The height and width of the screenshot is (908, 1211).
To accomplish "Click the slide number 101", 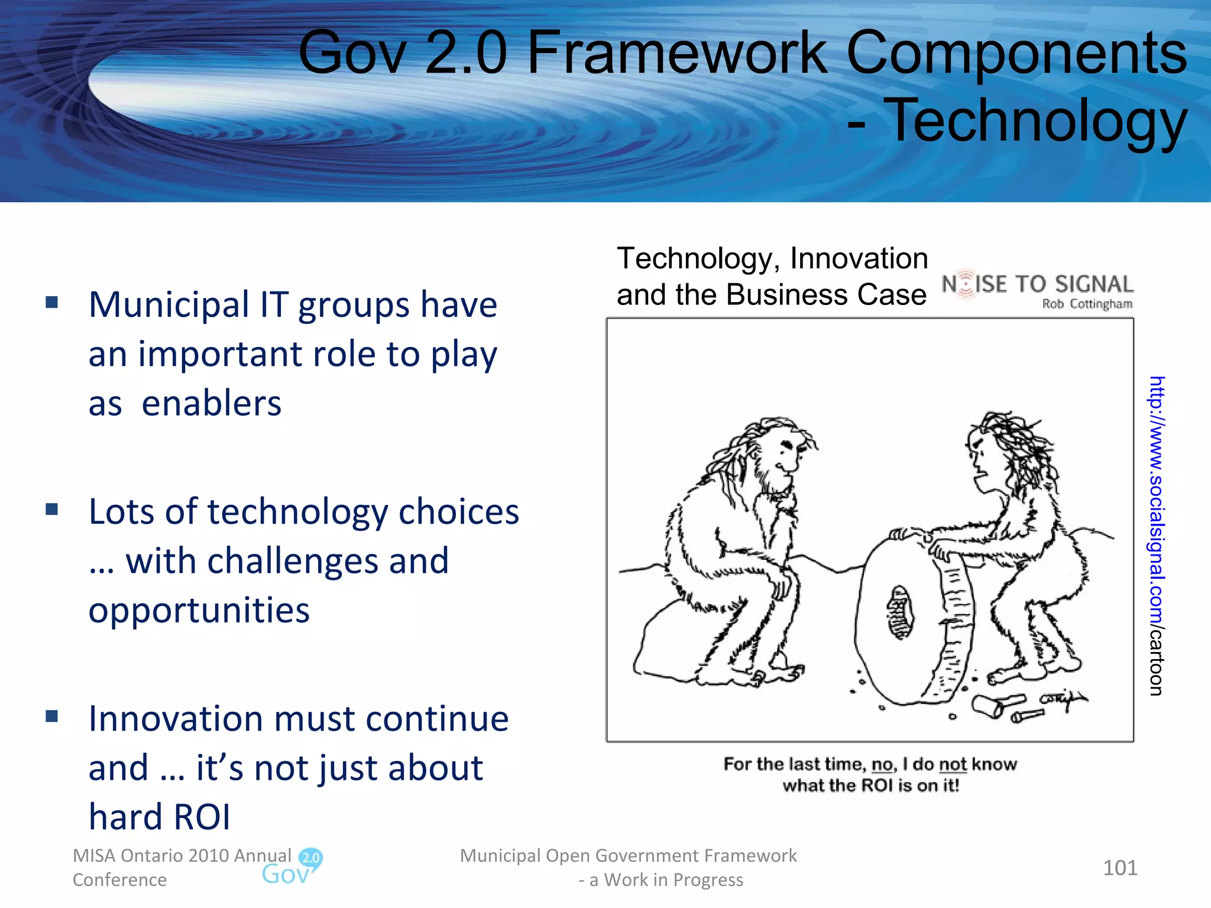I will (x=1120, y=868).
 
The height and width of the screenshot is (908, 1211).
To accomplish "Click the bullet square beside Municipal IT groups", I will (x=52, y=303).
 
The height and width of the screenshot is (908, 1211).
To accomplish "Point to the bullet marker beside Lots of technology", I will (x=52, y=510).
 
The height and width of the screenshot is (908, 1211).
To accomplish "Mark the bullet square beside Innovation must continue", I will (x=52, y=716).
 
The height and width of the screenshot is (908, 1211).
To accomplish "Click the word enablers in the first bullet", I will (x=211, y=404).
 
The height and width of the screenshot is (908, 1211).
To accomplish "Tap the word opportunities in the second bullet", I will (x=199, y=611).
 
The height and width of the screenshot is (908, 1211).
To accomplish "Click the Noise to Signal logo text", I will (x=1037, y=284).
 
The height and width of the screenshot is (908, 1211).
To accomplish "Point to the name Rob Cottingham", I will (x=1087, y=304).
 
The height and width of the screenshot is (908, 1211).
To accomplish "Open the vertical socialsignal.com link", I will (x=1156, y=535).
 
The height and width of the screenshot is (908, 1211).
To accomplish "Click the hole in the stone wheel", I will (x=900, y=612).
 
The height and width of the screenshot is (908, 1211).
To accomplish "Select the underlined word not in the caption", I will (x=952, y=764).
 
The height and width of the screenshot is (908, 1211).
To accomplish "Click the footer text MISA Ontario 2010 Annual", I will (x=182, y=855).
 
